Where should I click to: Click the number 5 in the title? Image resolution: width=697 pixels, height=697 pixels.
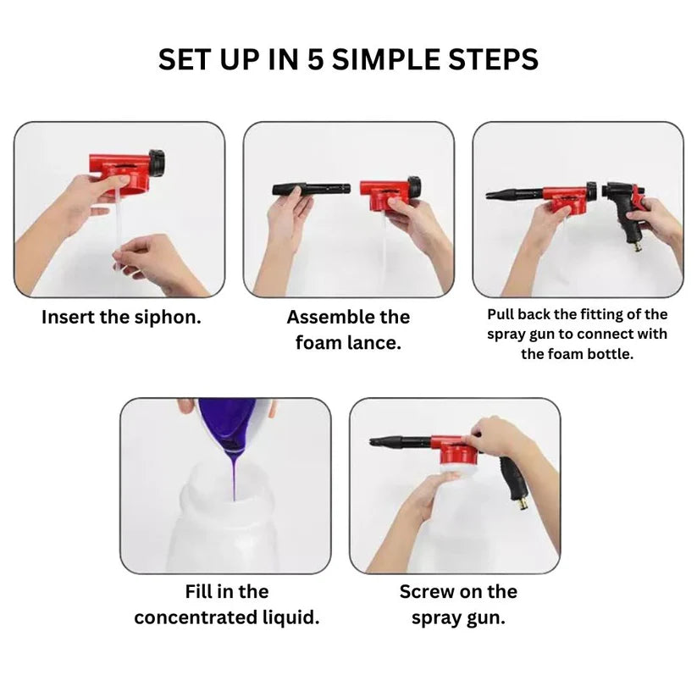[343, 59]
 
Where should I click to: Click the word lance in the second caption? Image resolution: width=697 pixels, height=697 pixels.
[374, 343]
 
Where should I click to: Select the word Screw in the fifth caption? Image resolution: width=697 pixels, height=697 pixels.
[428, 591]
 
